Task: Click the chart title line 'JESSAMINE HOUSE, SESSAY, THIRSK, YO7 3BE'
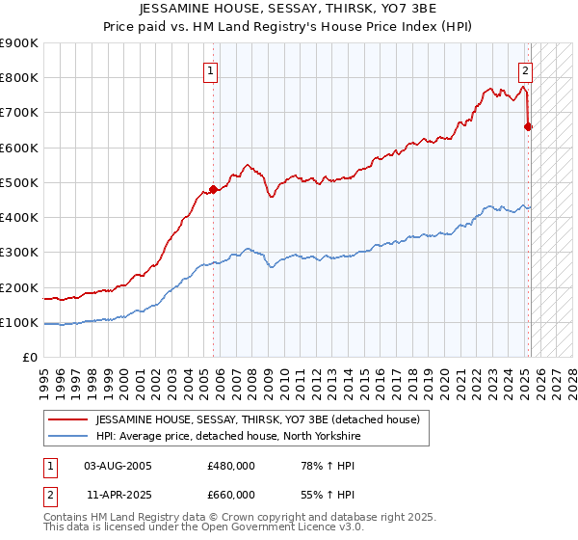click(x=289, y=9)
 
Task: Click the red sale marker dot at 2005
click(x=213, y=189)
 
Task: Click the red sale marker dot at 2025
click(x=529, y=126)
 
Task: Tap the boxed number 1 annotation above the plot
click(x=210, y=69)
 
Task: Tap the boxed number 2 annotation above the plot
click(x=526, y=69)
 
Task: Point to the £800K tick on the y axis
click(x=21, y=78)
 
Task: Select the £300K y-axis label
click(x=21, y=253)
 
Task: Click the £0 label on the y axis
click(x=29, y=358)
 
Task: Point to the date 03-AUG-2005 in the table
click(x=118, y=466)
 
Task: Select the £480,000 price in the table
click(x=230, y=466)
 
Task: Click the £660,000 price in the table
click(x=230, y=495)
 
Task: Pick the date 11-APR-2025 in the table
click(x=118, y=495)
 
